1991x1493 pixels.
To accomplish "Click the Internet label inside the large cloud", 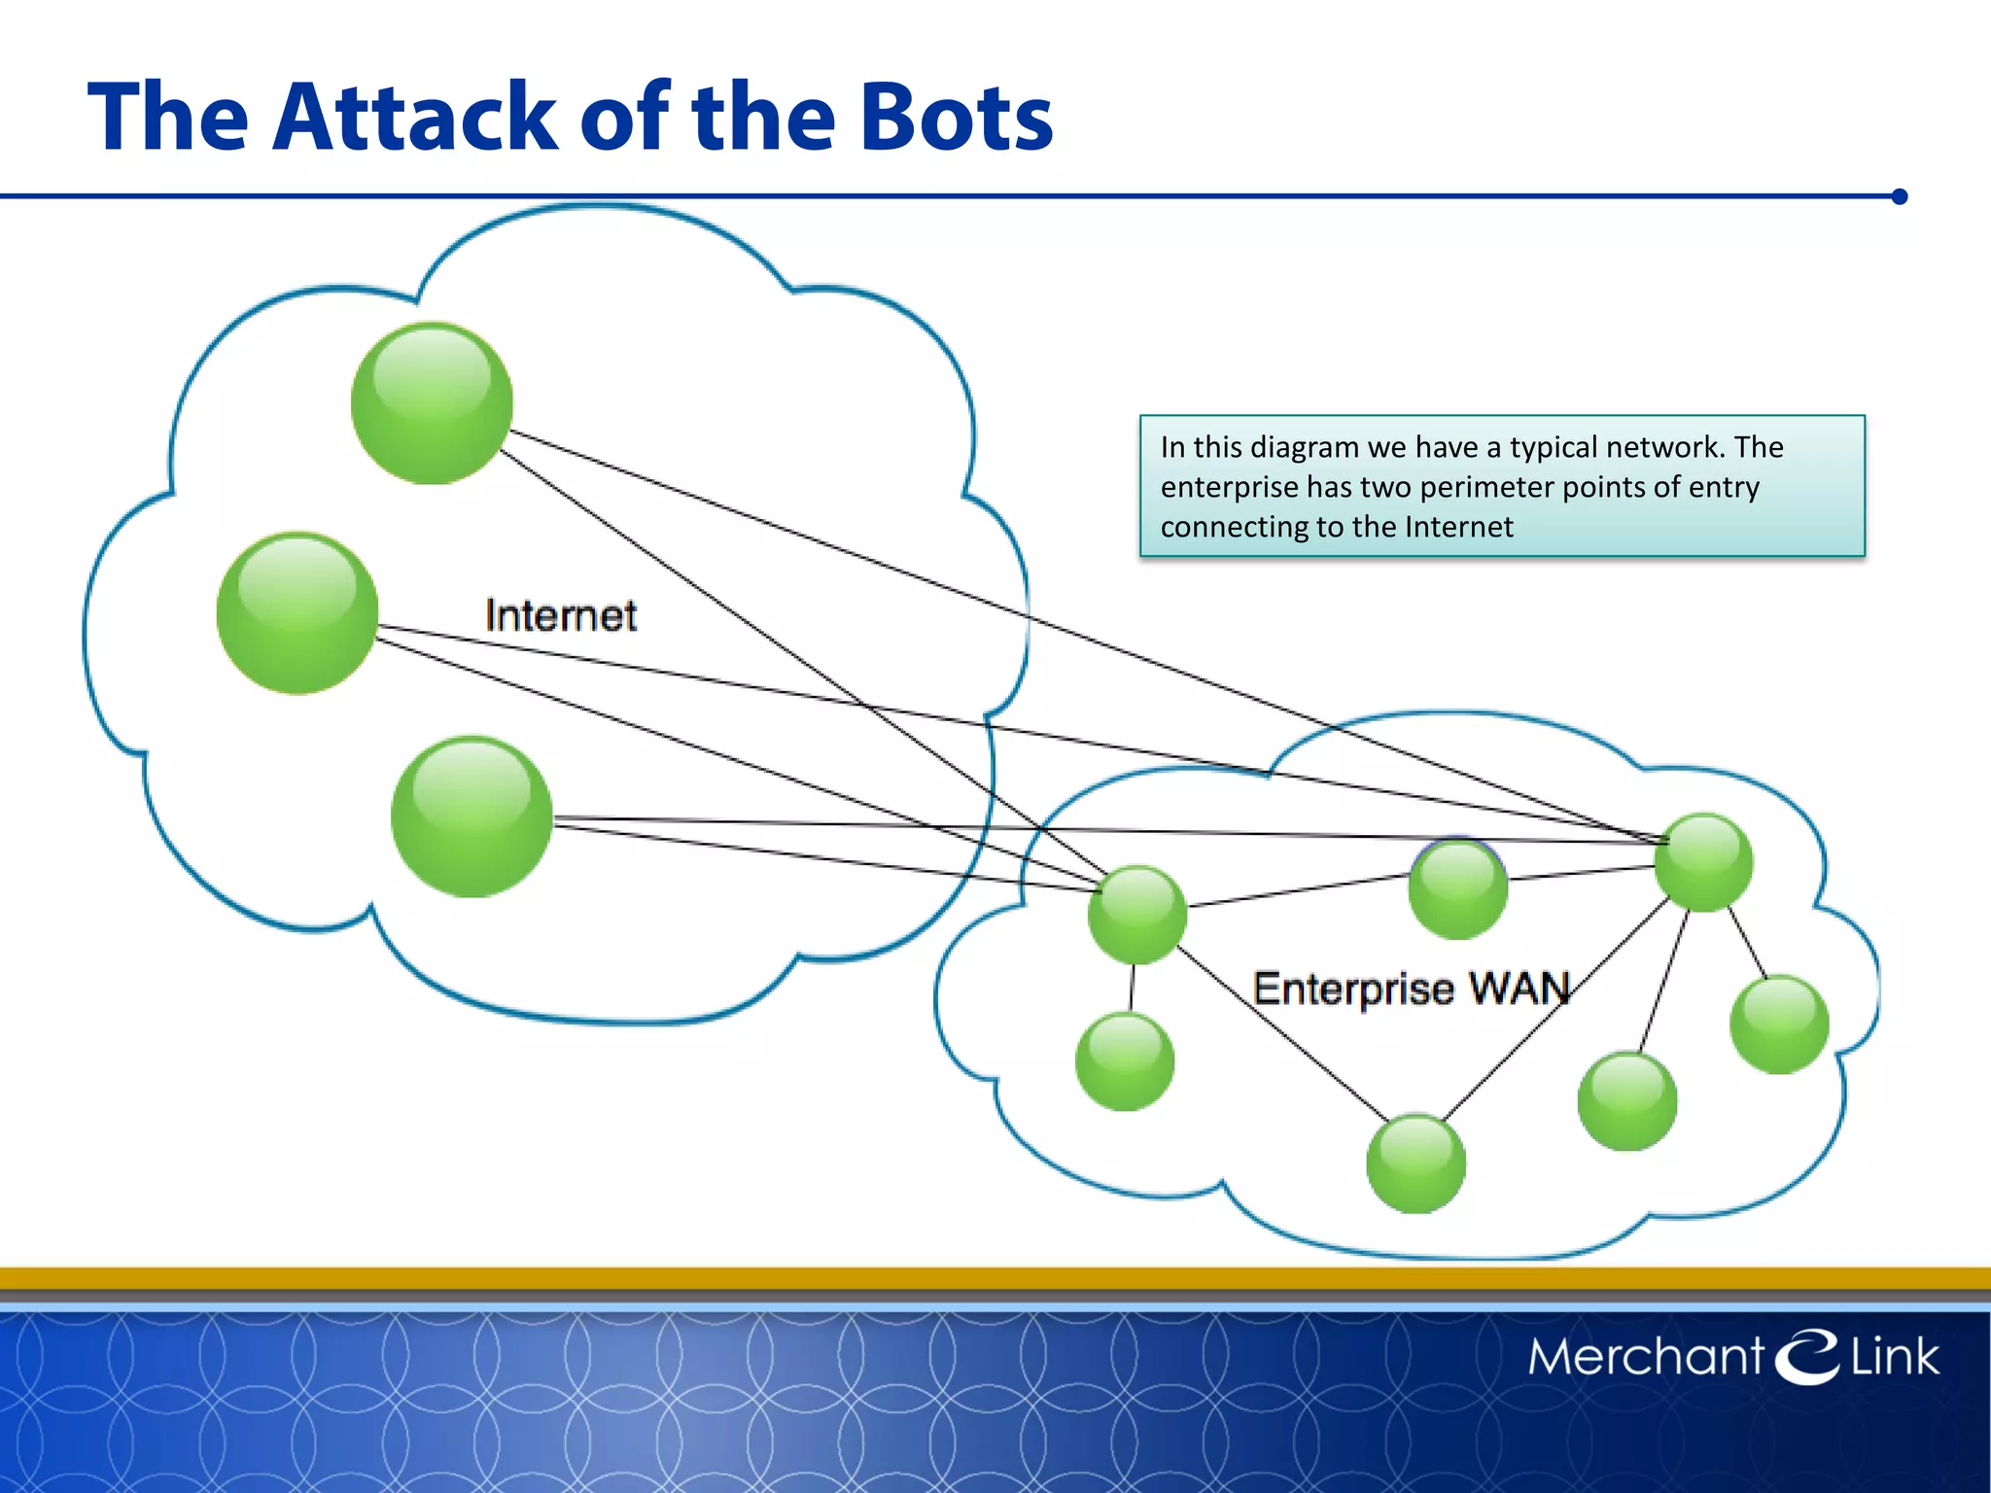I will point(560,616).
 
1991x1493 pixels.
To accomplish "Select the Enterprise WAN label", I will point(1411,990).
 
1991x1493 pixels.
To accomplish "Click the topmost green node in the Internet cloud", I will point(432,403).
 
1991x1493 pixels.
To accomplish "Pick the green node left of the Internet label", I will point(297,613).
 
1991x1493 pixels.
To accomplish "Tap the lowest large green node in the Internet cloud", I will point(472,816).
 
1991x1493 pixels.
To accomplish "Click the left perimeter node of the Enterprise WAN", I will point(1136,915).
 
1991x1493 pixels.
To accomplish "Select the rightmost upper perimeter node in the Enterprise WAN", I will point(1703,862).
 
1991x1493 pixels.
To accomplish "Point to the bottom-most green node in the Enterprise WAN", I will point(1415,1163).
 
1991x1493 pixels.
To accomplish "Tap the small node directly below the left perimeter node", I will point(1125,1061).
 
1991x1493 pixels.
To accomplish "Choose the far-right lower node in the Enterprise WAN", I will point(1779,1024).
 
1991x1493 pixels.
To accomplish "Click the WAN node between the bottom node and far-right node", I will point(1626,1101).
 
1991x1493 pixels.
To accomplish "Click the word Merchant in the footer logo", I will point(1645,1357).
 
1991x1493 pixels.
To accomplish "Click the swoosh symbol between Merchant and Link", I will point(1806,1356).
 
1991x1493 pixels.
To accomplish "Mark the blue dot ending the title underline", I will point(1900,196).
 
